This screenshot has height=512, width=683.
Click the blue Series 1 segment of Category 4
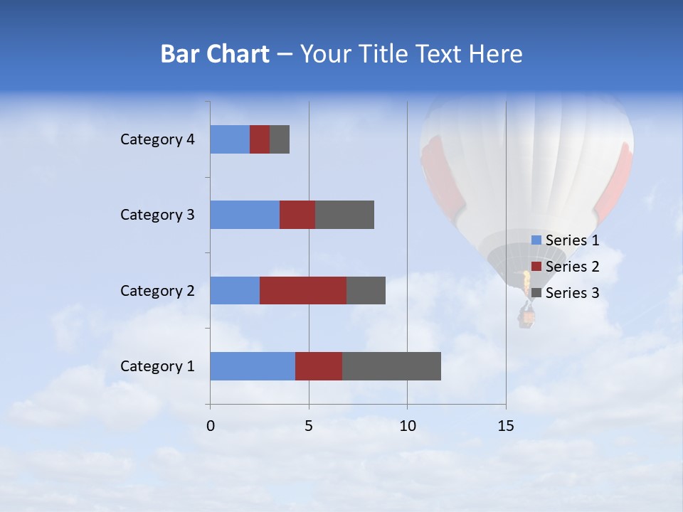tap(230, 139)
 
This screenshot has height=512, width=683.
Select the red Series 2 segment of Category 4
tap(260, 139)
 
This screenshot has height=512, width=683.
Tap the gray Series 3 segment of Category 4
tap(280, 139)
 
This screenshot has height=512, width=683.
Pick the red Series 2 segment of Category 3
tap(297, 215)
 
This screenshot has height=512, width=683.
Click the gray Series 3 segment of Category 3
tap(344, 215)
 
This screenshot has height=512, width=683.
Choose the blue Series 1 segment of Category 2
tap(235, 290)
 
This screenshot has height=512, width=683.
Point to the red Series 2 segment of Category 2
tap(303, 290)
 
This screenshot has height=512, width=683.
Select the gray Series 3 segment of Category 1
tap(391, 366)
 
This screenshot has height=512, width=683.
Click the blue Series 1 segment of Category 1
tap(253, 366)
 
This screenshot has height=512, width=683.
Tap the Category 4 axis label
tap(157, 139)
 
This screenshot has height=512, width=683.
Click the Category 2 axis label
tap(157, 290)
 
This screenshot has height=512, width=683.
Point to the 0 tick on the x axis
tap(211, 426)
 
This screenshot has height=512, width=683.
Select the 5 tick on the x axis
tap(309, 426)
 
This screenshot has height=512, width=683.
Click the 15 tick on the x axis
tap(506, 426)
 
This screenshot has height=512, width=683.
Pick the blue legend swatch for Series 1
tap(536, 240)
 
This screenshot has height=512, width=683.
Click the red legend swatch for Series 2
tap(536, 267)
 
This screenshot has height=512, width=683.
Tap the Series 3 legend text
tap(573, 292)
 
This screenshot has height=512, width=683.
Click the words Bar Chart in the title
tap(215, 54)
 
